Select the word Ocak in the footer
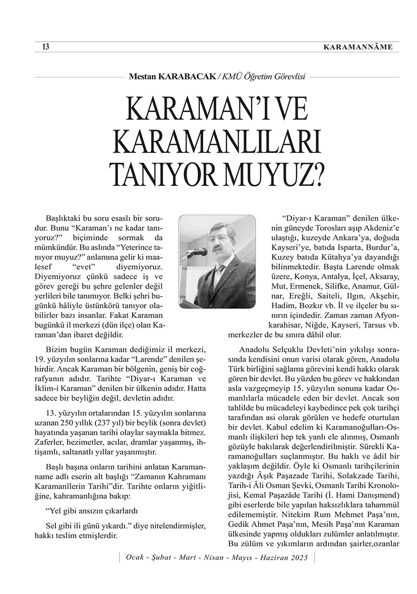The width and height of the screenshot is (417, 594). [x=135, y=558]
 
